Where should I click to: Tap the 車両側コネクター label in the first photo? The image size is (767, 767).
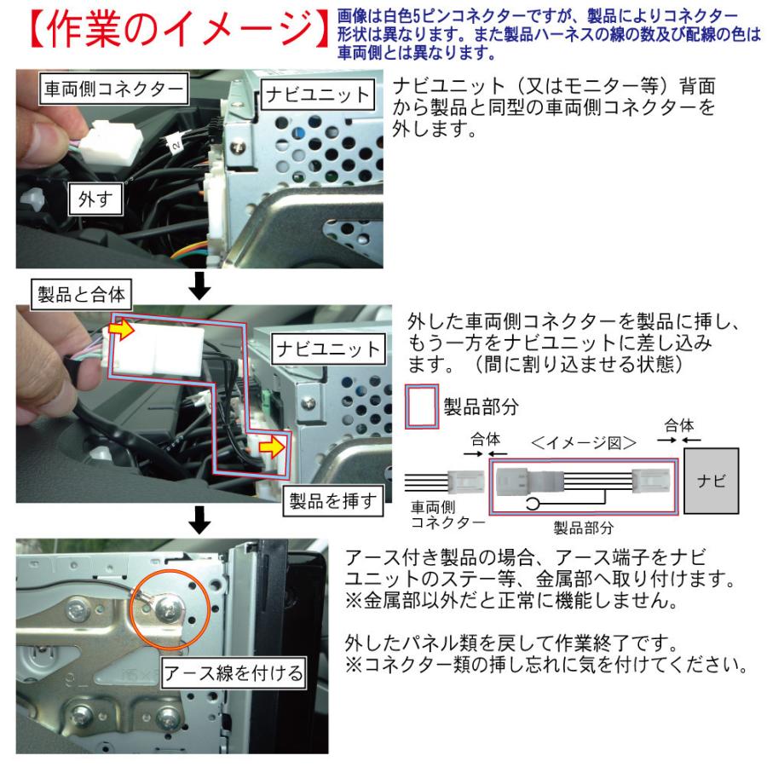112,88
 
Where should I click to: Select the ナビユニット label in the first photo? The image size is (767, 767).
316,93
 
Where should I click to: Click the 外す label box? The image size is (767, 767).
95,202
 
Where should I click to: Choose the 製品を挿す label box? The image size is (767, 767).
332,501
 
